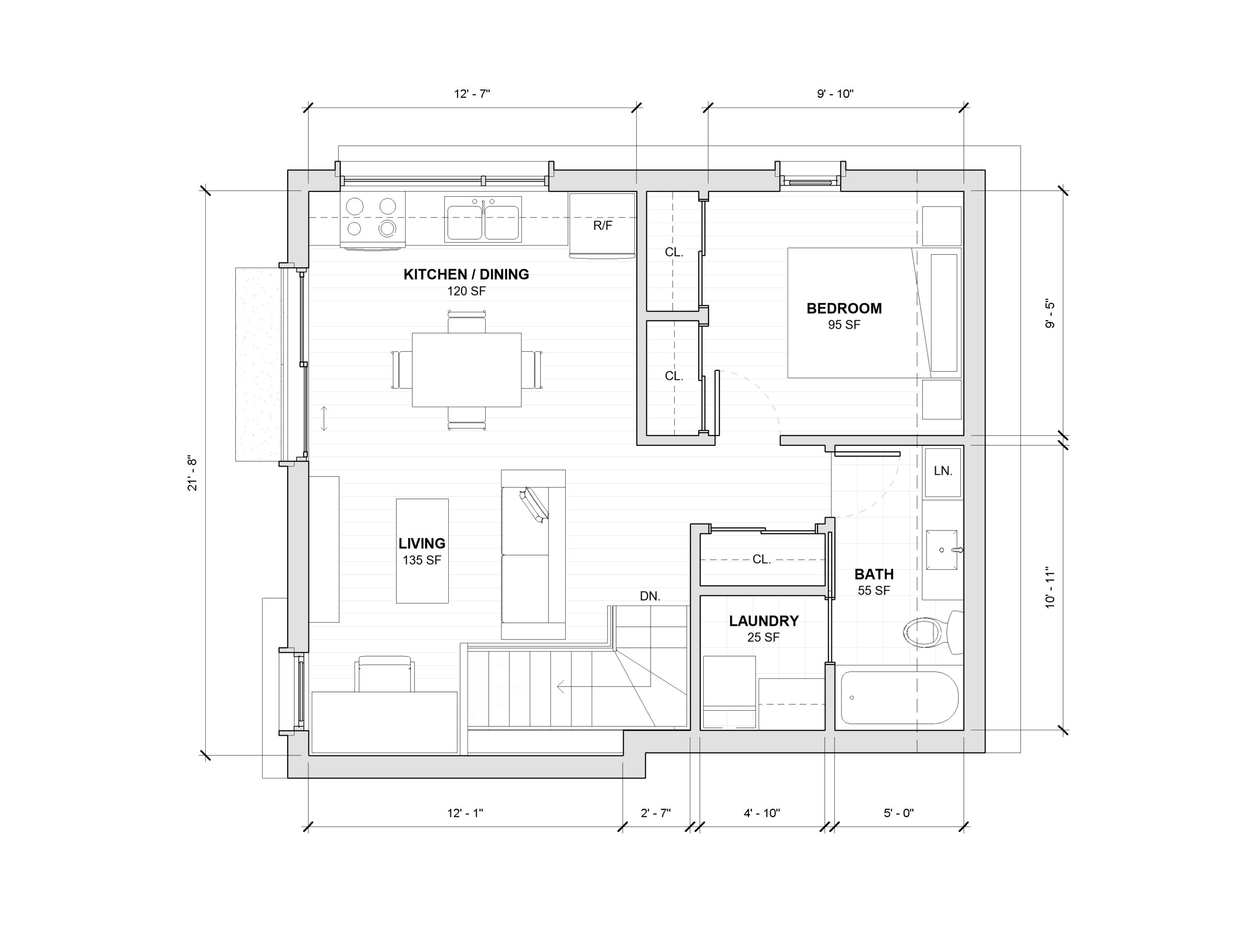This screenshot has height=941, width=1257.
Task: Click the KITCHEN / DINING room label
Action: (x=466, y=275)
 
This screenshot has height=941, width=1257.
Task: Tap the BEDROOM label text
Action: (x=844, y=308)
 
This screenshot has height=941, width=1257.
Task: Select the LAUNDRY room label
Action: (x=764, y=621)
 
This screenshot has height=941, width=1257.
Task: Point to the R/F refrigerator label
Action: (x=602, y=225)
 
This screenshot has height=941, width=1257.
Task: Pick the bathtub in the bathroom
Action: (x=900, y=698)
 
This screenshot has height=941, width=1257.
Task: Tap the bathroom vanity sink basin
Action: (x=942, y=550)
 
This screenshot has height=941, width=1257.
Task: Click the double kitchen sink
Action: (x=483, y=220)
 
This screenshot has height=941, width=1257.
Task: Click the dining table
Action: (x=466, y=370)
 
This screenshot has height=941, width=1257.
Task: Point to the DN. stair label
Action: (x=650, y=596)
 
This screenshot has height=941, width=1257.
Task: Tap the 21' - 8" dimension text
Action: (x=192, y=474)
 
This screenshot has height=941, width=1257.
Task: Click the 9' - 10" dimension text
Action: (x=835, y=94)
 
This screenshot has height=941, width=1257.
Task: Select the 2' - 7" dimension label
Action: (x=656, y=813)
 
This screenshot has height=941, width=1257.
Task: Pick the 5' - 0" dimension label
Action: (x=899, y=813)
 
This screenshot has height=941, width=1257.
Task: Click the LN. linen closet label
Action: (x=943, y=470)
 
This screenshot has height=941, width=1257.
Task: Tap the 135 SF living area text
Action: (x=422, y=560)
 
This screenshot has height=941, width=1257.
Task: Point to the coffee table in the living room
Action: (x=422, y=551)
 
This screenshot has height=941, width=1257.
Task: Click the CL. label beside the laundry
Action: (x=762, y=559)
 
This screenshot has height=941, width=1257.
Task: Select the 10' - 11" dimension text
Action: (x=1050, y=587)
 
